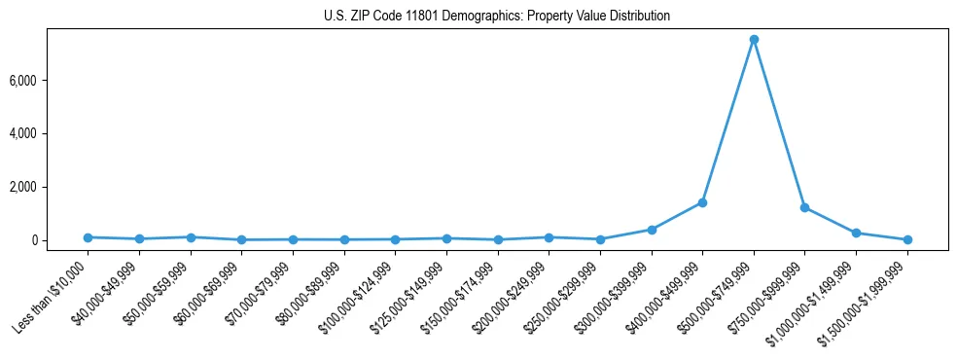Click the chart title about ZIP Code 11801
[497, 17]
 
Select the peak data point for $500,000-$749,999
[754, 40]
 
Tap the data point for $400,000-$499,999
[702, 202]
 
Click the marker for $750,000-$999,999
[804, 207]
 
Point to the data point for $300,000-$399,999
[652, 230]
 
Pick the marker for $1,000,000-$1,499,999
[856, 233]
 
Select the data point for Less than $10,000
[88, 237]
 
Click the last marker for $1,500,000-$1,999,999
[907, 239]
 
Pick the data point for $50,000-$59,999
[191, 237]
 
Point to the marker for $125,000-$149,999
[446, 238]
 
